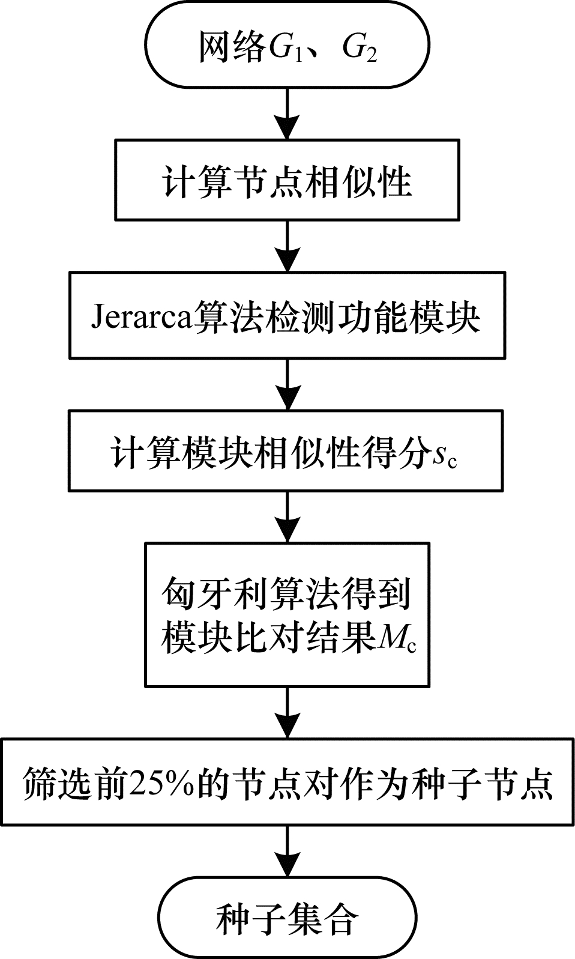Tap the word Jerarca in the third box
140,318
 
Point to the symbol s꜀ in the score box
445,456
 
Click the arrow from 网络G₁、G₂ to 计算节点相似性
287,113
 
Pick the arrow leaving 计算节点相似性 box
287,246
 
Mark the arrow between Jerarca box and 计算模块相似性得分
287,384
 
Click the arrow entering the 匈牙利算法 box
287,517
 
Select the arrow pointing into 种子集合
287,852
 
